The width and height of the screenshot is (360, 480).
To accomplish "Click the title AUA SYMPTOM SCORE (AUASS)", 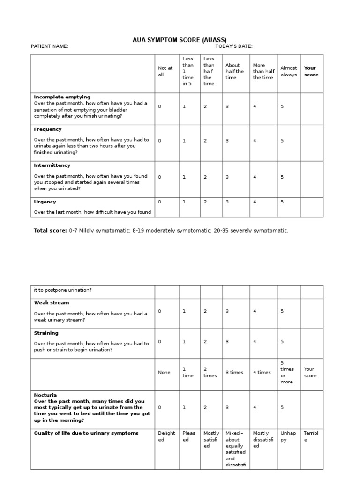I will tap(180, 40).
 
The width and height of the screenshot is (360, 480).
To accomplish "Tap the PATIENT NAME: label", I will tap(49, 46).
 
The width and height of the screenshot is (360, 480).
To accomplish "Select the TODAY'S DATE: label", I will tap(234, 46).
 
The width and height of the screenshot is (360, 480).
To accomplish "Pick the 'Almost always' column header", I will tap(289, 71).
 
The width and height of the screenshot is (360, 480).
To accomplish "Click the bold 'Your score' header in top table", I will tap(311, 71).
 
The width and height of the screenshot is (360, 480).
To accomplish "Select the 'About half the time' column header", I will tap(234, 71).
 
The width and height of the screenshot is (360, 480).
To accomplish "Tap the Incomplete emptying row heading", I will tap(62, 97).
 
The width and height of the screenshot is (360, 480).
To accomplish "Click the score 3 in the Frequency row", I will tap(227, 141).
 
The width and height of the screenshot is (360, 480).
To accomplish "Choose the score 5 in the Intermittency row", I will tap(282, 177).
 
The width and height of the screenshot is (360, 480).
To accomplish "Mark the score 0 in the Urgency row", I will tap(159, 202).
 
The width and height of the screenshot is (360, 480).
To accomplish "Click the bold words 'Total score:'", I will tap(51, 231).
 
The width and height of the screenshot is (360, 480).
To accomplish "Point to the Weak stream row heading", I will tap(52, 303).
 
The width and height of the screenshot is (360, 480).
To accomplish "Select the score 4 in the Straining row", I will tap(255, 342).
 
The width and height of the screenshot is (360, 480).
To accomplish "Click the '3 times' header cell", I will tap(234, 373).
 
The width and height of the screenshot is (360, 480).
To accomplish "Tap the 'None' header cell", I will tap(165, 373).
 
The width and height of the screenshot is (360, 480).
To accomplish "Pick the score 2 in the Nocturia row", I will tap(205, 408).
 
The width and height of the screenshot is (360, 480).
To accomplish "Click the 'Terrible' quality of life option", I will tap(311, 436).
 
